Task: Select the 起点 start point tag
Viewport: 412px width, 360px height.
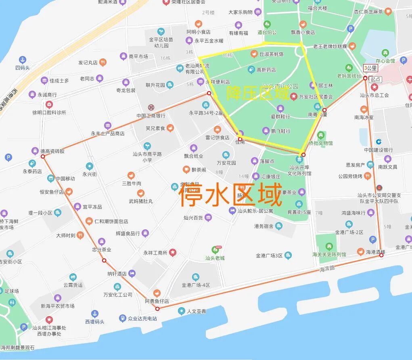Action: [x=375, y=79]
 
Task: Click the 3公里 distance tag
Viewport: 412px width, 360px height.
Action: [x=370, y=68]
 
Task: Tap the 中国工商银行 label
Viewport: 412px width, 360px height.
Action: [x=151, y=116]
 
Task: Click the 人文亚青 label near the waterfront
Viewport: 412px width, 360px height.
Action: [x=197, y=311]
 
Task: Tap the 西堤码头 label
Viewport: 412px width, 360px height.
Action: [x=94, y=322]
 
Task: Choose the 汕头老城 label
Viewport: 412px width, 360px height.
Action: [x=215, y=258]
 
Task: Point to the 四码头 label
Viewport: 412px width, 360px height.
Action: [x=23, y=68]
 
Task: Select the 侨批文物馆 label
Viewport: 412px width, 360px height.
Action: [x=321, y=143]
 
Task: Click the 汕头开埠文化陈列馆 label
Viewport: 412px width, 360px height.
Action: [x=299, y=171]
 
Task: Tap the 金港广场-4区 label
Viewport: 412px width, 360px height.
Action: [x=196, y=285]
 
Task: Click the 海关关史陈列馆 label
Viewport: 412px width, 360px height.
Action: [x=329, y=254]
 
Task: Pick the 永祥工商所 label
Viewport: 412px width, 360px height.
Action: [x=155, y=253]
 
